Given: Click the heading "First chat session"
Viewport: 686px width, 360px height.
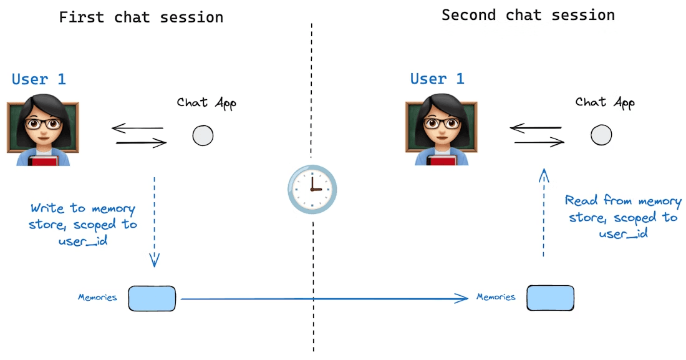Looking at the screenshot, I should pyautogui.click(x=141, y=17).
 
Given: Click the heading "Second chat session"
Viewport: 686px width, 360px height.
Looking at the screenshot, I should pyautogui.click(x=528, y=15).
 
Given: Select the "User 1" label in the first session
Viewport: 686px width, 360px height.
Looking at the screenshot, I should pyautogui.click(x=39, y=79).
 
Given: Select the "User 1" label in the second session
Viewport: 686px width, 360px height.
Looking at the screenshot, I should pyautogui.click(x=437, y=79).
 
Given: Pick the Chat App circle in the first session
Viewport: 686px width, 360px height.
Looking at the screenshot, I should pyautogui.click(x=203, y=135).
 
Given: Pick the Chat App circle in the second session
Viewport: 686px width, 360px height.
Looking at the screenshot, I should pyautogui.click(x=601, y=135).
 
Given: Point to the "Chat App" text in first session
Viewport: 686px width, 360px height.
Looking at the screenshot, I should pyautogui.click(x=206, y=103).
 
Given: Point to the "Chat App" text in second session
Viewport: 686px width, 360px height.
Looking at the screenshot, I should pyautogui.click(x=605, y=102).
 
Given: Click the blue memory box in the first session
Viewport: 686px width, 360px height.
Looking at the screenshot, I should pyautogui.click(x=152, y=298).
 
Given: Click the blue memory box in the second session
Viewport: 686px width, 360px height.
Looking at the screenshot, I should pyautogui.click(x=550, y=298).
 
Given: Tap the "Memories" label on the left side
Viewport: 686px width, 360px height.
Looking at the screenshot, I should pyautogui.click(x=97, y=298).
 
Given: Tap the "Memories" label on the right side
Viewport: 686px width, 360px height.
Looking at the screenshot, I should pyautogui.click(x=496, y=297).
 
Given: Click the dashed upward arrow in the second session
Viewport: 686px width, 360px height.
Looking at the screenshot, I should pyautogui.click(x=544, y=212).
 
